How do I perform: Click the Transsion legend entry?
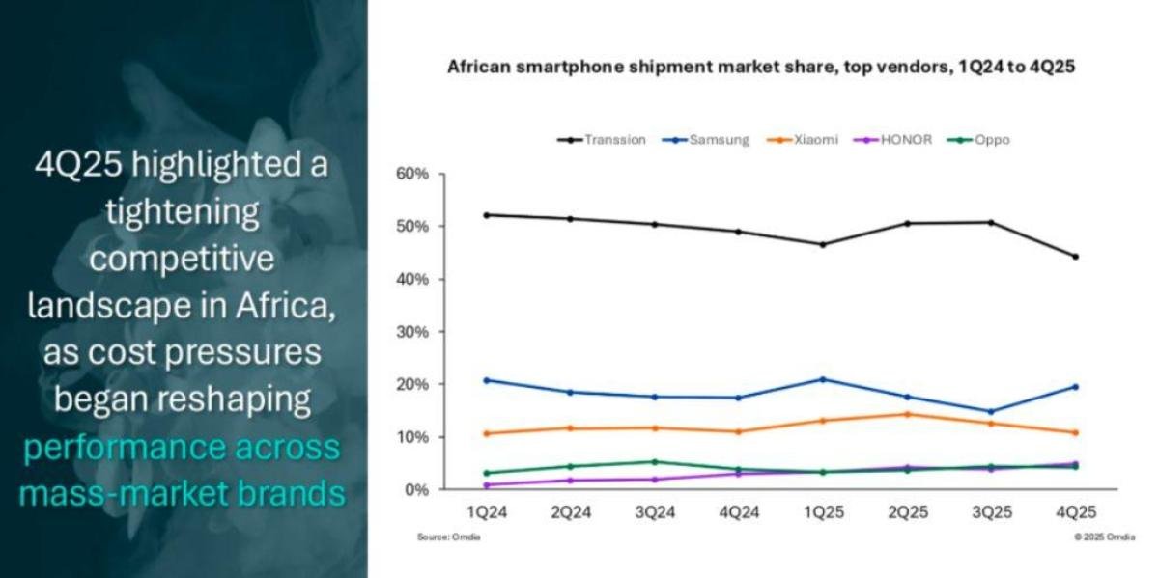602,140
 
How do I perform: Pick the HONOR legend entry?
897,140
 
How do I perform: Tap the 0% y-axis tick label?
416,490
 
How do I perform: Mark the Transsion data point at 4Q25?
1075,257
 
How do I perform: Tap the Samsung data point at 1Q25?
822,379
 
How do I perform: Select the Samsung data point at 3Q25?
991,412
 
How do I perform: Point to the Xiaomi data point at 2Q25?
906,414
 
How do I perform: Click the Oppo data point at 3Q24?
654,462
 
